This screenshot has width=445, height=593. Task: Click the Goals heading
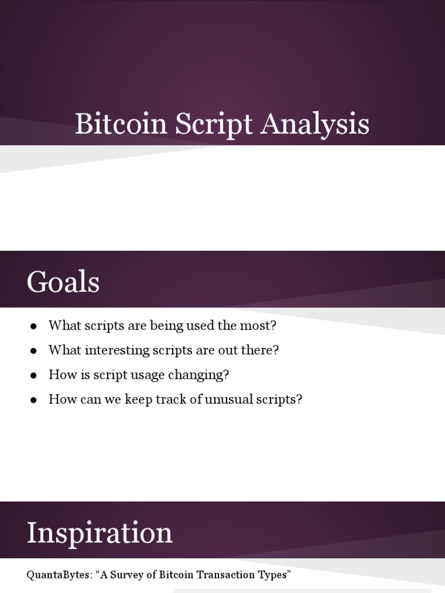click(x=63, y=283)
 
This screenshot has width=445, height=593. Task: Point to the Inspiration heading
click(x=100, y=533)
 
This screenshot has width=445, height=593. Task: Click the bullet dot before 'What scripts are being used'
click(x=34, y=326)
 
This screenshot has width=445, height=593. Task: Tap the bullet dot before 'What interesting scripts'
click(x=34, y=351)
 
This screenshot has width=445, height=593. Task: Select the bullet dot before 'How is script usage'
click(x=34, y=375)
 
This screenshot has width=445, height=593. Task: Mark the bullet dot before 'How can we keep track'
click(x=34, y=400)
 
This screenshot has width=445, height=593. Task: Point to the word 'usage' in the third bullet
click(x=147, y=375)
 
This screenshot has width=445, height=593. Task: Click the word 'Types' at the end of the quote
click(x=274, y=575)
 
